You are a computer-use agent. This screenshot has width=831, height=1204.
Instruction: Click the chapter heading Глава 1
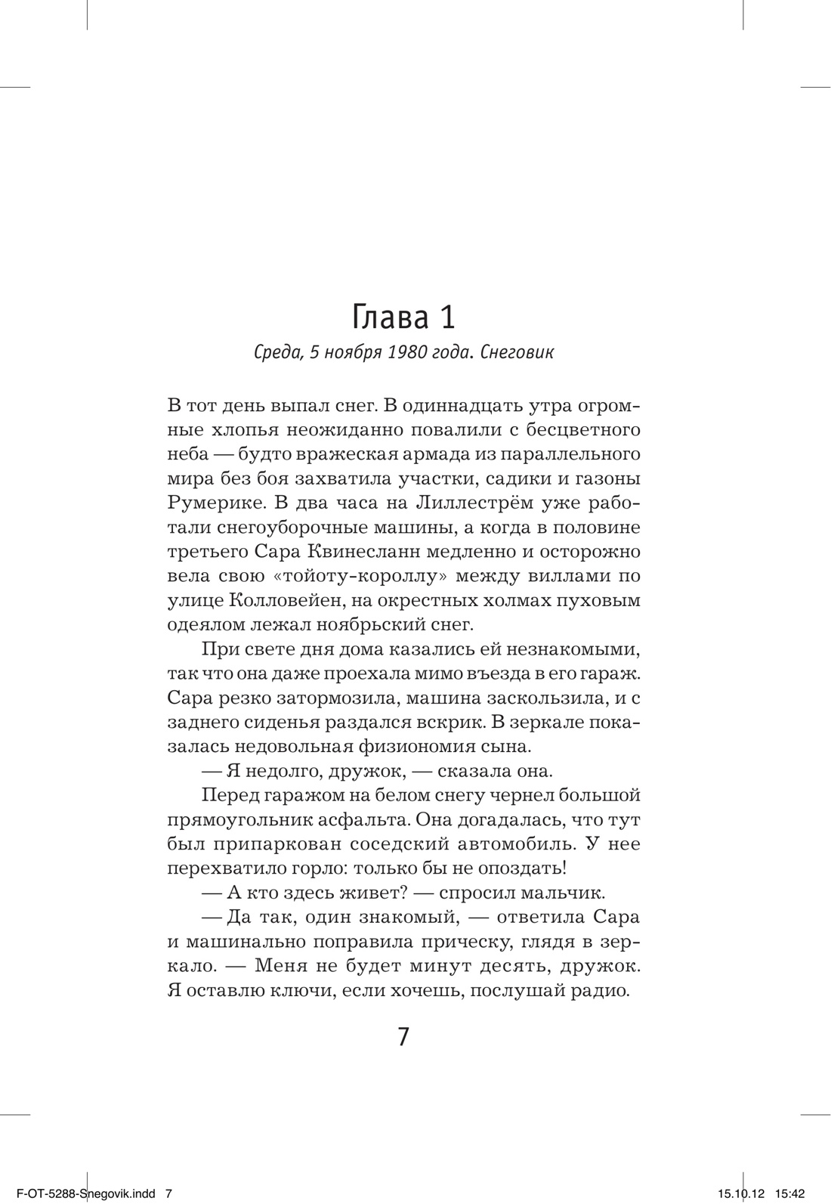[x=403, y=318]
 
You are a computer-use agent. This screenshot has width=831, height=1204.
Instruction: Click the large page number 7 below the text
[x=403, y=1036]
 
